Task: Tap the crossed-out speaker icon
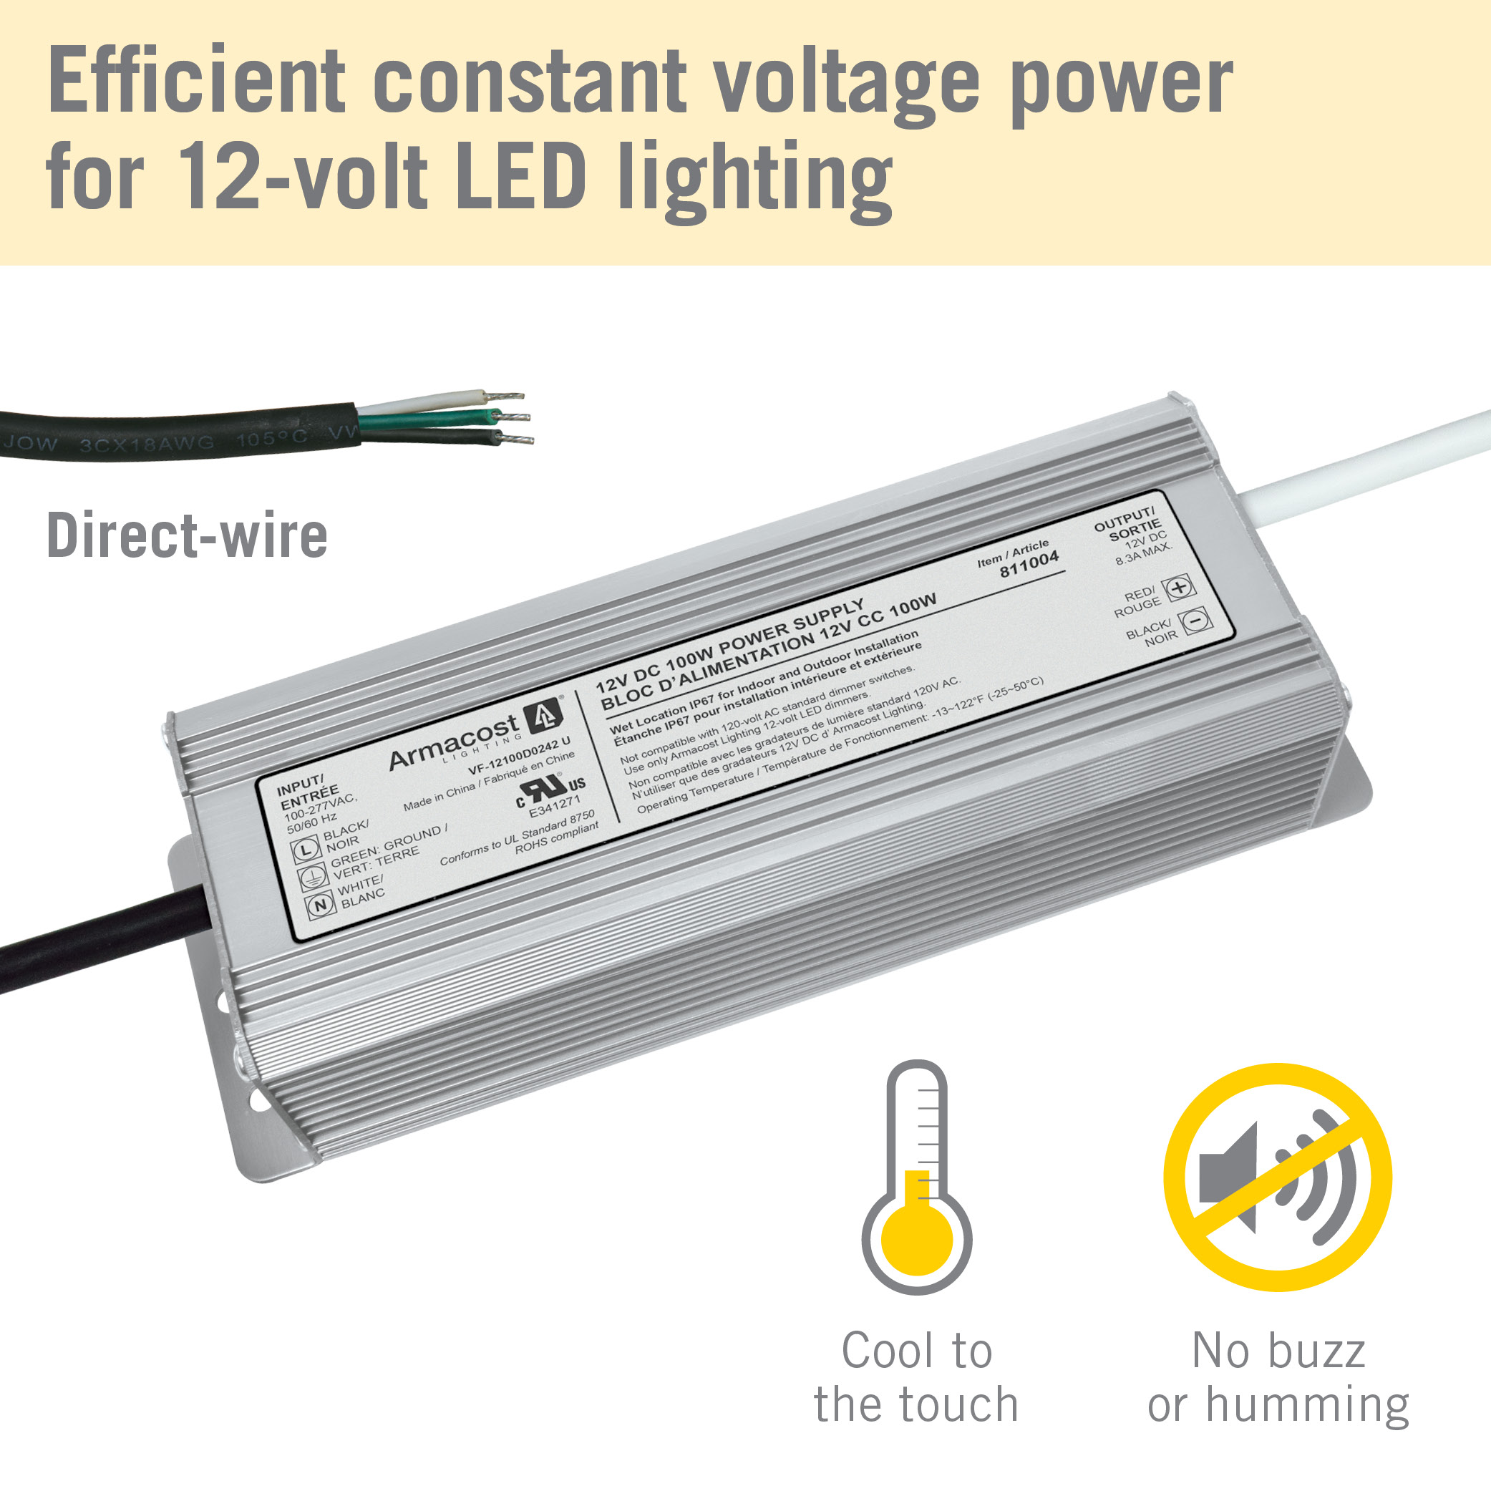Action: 1277,1177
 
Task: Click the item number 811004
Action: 1029,564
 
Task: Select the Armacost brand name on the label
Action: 453,742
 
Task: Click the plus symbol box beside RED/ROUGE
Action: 1178,588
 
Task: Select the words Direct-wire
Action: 188,535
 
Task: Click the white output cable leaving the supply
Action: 1359,467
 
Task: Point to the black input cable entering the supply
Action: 92,938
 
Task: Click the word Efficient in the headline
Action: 197,81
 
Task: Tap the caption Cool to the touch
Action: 916,1378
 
